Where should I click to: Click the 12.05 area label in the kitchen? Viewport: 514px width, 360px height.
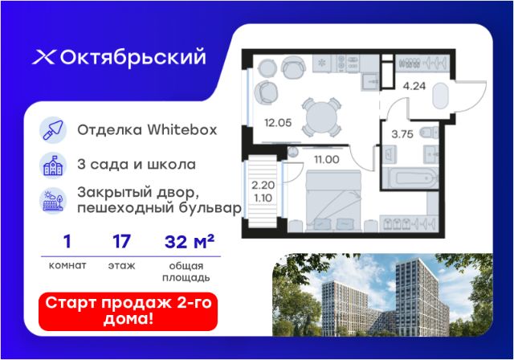click(278, 123)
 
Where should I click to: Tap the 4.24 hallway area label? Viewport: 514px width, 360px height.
click(414, 86)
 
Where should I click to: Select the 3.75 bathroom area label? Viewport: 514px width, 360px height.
click(402, 134)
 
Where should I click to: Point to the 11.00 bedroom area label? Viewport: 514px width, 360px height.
click(327, 160)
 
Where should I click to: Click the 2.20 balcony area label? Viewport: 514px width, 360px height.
click(263, 186)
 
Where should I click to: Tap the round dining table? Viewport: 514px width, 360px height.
click(321, 117)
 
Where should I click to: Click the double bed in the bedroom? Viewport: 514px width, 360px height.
click(334, 200)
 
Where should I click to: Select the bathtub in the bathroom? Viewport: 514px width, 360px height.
click(410, 178)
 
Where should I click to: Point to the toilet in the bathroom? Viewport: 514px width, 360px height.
click(429, 133)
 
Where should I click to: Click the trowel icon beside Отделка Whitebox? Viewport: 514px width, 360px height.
click(53, 130)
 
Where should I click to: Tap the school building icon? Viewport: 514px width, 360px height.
click(53, 166)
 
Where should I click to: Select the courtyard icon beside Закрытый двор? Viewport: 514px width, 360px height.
click(53, 200)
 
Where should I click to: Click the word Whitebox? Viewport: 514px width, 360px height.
click(182, 130)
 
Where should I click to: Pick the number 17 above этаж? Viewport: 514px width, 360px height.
click(121, 242)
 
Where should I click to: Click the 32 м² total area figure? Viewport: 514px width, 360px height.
click(190, 242)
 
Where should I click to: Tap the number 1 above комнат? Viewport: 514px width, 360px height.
click(67, 242)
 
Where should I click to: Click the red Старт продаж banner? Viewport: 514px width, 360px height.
click(128, 312)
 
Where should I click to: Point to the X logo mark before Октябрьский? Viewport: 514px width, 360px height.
click(43, 57)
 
